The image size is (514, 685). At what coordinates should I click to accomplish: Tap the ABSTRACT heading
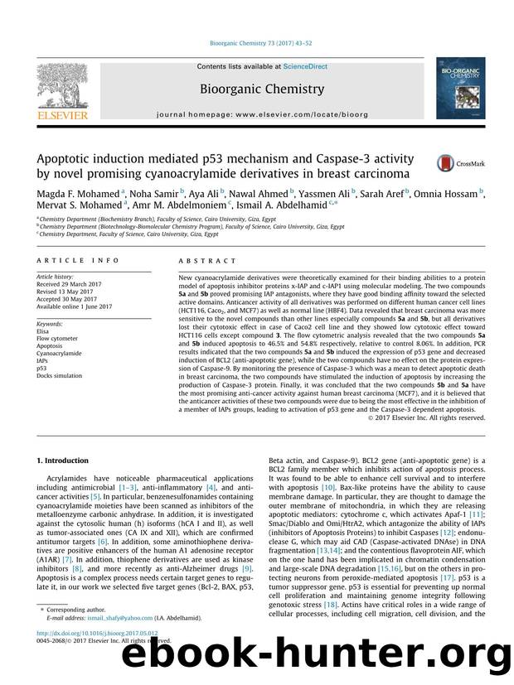pos(200,258)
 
